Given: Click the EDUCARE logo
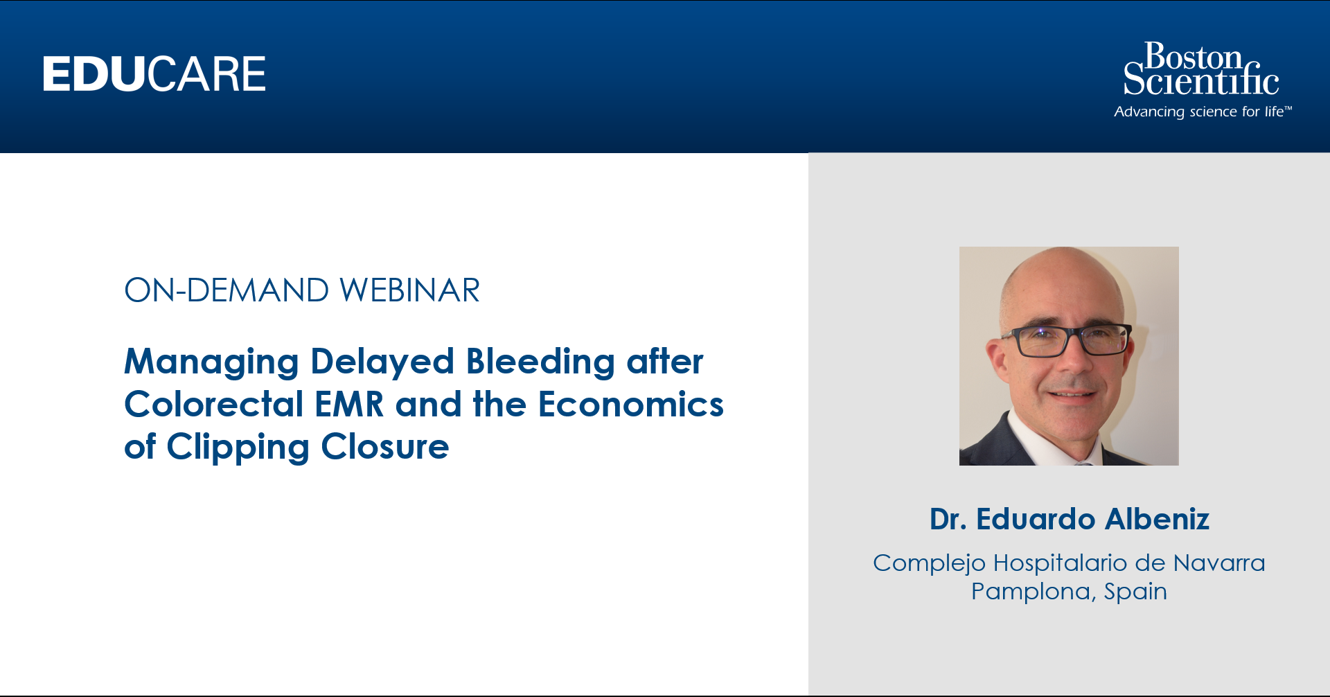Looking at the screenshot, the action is click(x=154, y=74).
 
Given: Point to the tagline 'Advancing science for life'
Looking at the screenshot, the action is click(x=1203, y=112).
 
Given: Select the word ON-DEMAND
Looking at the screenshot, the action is click(x=227, y=290).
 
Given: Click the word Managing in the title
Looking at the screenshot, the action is click(x=211, y=362).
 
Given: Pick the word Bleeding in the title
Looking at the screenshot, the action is click(x=540, y=362).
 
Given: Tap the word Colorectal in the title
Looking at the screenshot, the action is click(x=214, y=404).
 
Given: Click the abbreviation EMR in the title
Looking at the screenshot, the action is click(x=349, y=405).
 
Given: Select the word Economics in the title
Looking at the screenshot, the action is click(x=631, y=405).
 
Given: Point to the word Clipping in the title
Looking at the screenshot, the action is click(x=238, y=448).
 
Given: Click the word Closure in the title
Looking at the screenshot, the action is click(x=385, y=447).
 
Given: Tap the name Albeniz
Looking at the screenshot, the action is click(x=1158, y=519).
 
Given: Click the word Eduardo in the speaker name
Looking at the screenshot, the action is click(x=1036, y=519).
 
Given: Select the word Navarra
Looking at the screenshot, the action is click(x=1219, y=563).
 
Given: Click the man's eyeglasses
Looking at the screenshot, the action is click(x=1067, y=340).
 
